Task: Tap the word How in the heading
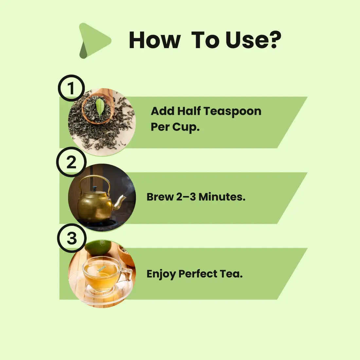154,40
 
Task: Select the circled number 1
71,88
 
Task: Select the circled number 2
71,162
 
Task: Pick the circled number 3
72,238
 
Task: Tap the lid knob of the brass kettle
94,189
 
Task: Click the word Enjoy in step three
161,274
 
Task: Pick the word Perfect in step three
198,274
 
